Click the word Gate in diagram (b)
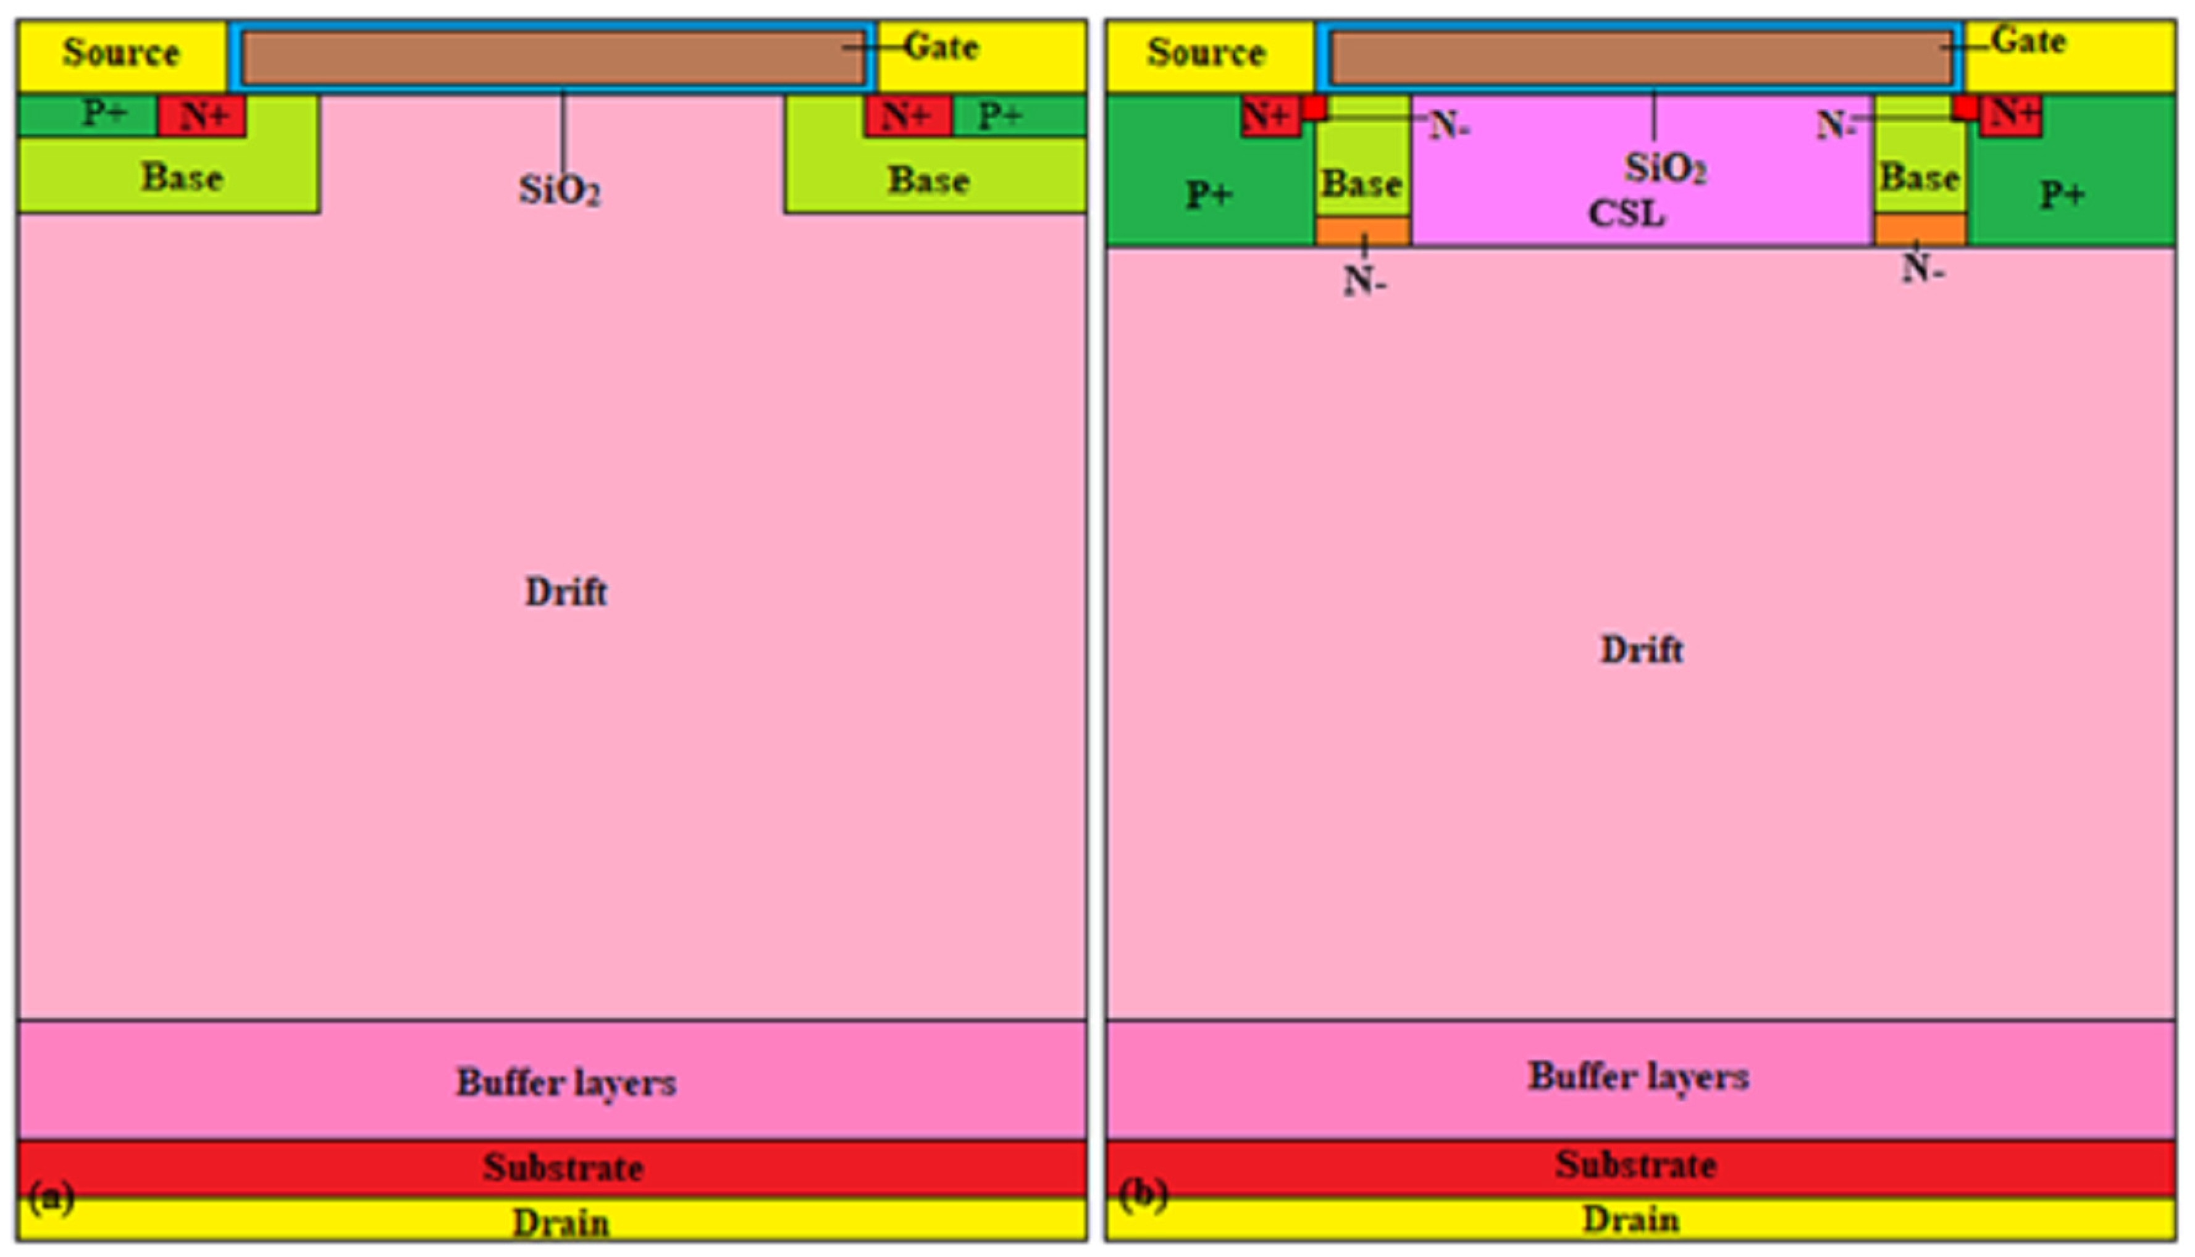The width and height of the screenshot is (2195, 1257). tap(2029, 41)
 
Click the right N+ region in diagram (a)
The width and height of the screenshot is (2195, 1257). tap(907, 115)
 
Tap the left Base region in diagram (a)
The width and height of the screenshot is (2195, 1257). tap(182, 177)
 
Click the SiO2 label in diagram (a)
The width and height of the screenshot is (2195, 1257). tap(560, 190)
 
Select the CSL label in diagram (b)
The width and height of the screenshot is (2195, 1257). tap(1626, 214)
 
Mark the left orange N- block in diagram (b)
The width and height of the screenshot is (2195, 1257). tap(1362, 232)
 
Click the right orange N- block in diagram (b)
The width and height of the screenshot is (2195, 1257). tap(1920, 230)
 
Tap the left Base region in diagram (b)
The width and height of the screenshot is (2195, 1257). tap(1362, 183)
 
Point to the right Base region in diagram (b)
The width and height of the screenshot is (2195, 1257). tap(1920, 177)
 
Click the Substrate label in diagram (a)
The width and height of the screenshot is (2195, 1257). tap(563, 1167)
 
